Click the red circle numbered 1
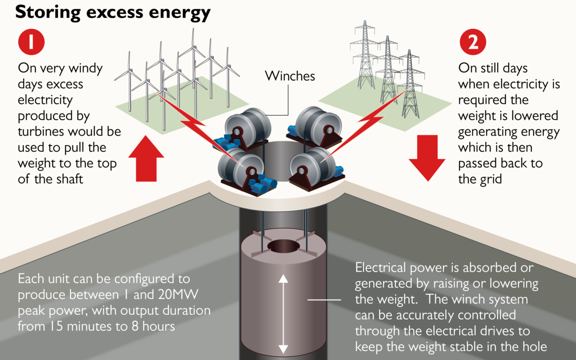pyautogui.click(x=31, y=42)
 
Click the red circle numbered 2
pyautogui.click(x=473, y=42)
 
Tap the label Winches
pyautogui.click(x=290, y=76)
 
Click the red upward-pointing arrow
pyautogui.click(x=146, y=158)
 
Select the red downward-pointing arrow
pyautogui.click(x=427, y=158)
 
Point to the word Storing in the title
pyautogui.click(x=48, y=12)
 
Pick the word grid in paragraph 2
pyautogui.click(x=491, y=180)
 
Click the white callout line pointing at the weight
pyautogui.click(x=324, y=300)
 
